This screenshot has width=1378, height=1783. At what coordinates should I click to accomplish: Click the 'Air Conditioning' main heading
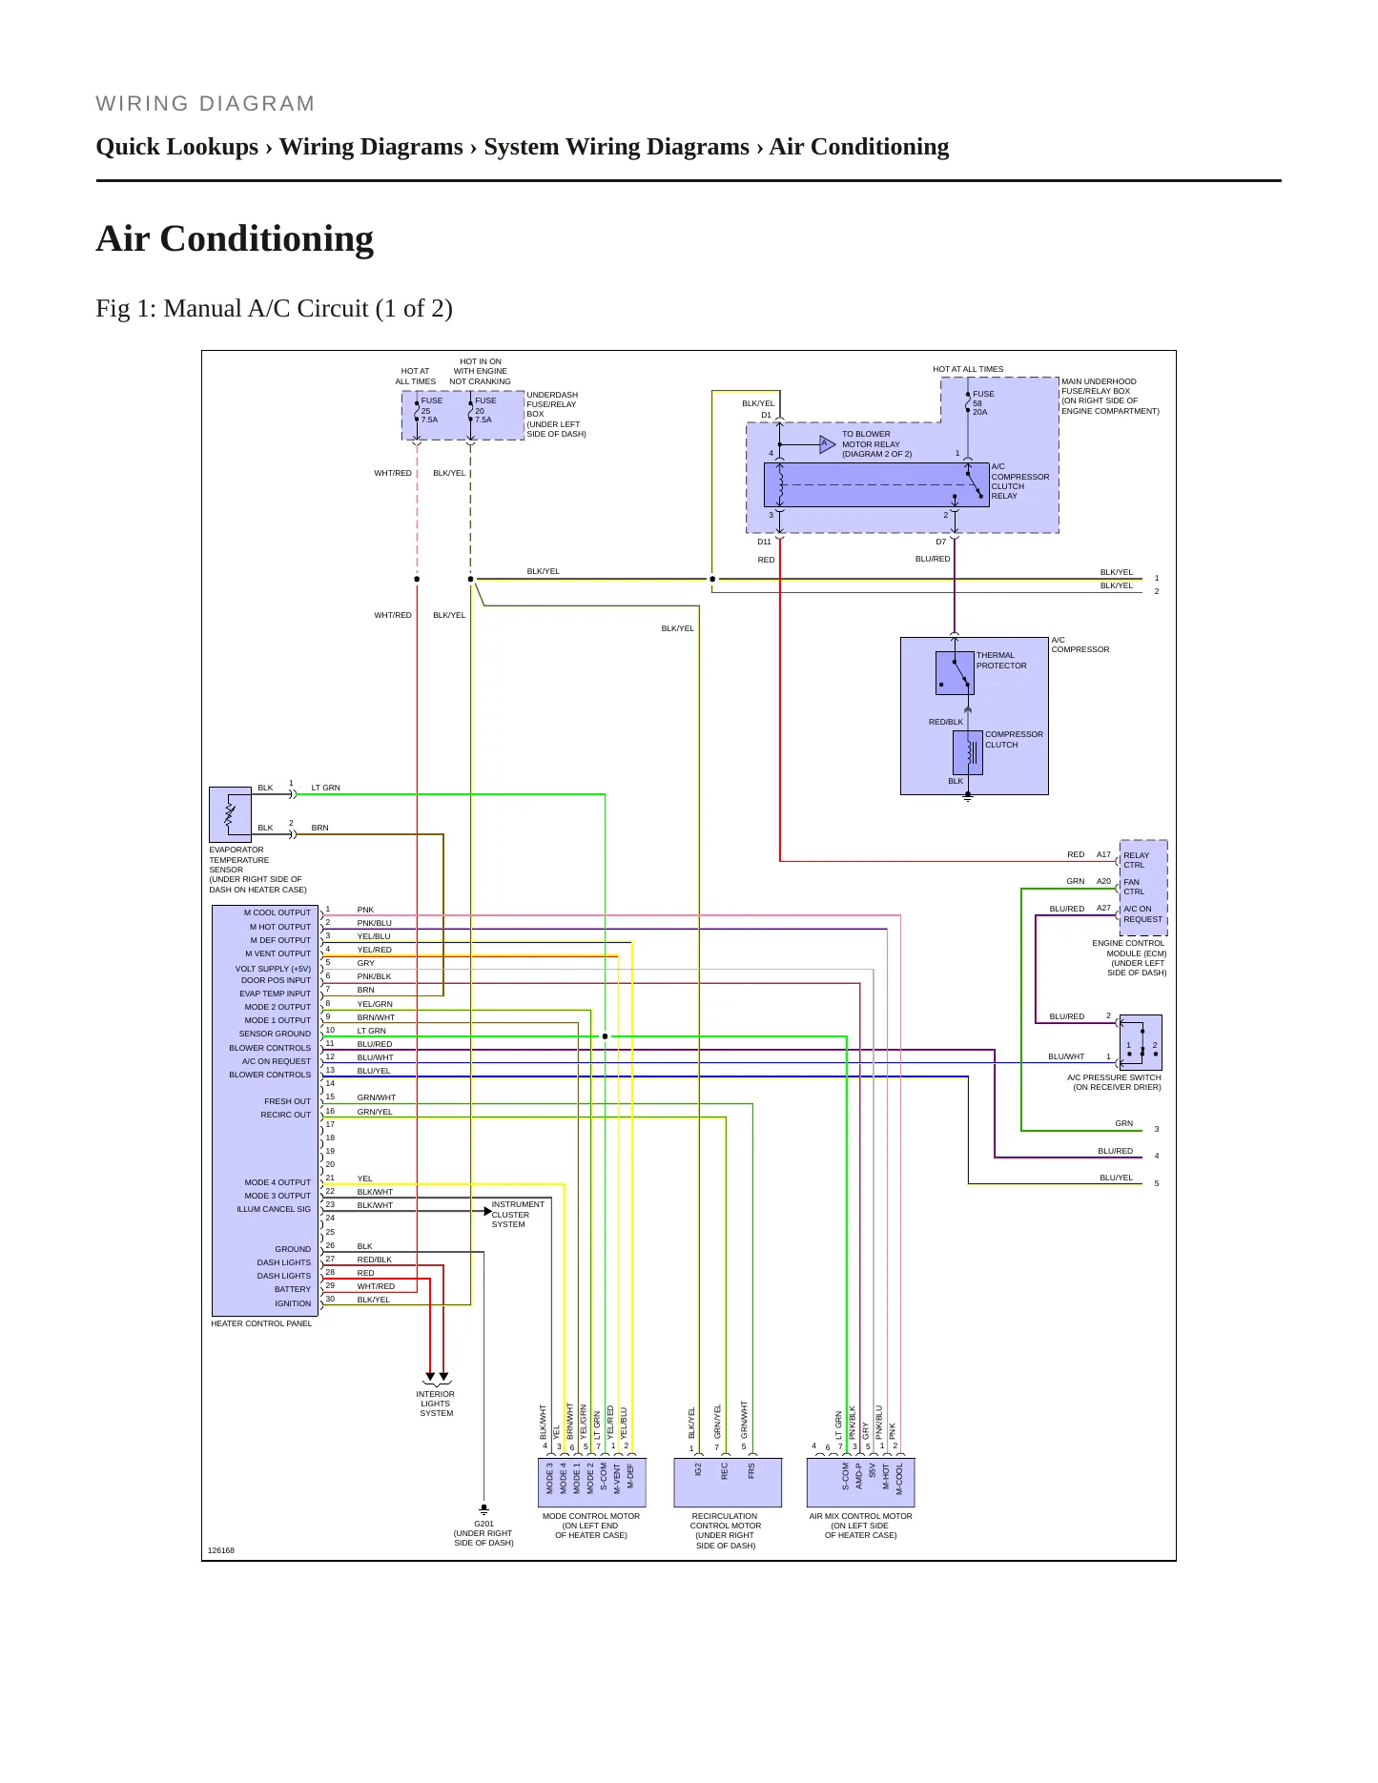235,238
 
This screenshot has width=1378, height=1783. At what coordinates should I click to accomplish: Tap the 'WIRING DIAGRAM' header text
205,104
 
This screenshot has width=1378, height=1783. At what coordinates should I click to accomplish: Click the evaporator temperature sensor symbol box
230,814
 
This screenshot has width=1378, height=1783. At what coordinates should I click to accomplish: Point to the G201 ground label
483,1524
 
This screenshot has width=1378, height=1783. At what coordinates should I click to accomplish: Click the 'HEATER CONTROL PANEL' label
261,1323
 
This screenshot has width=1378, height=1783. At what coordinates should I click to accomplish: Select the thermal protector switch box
955,673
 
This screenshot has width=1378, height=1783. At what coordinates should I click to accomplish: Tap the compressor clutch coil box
968,752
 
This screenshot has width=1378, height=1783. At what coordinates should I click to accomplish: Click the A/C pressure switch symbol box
1141,1042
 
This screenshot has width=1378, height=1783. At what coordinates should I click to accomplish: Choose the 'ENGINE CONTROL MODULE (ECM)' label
1129,948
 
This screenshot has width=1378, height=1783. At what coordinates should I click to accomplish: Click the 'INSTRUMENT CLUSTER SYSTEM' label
518,1215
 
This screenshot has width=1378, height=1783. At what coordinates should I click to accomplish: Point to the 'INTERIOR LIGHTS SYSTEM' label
436,1404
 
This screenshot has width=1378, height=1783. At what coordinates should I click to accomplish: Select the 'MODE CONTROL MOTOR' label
591,1516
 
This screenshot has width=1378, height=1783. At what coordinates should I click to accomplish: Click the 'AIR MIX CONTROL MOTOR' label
861,1516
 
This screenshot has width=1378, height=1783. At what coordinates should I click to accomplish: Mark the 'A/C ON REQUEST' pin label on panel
277,1061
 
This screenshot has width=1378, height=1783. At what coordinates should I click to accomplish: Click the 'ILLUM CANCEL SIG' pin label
274,1209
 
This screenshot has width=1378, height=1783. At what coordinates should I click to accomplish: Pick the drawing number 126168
221,1550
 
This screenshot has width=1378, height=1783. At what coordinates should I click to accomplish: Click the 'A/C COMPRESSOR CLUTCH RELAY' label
1019,482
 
